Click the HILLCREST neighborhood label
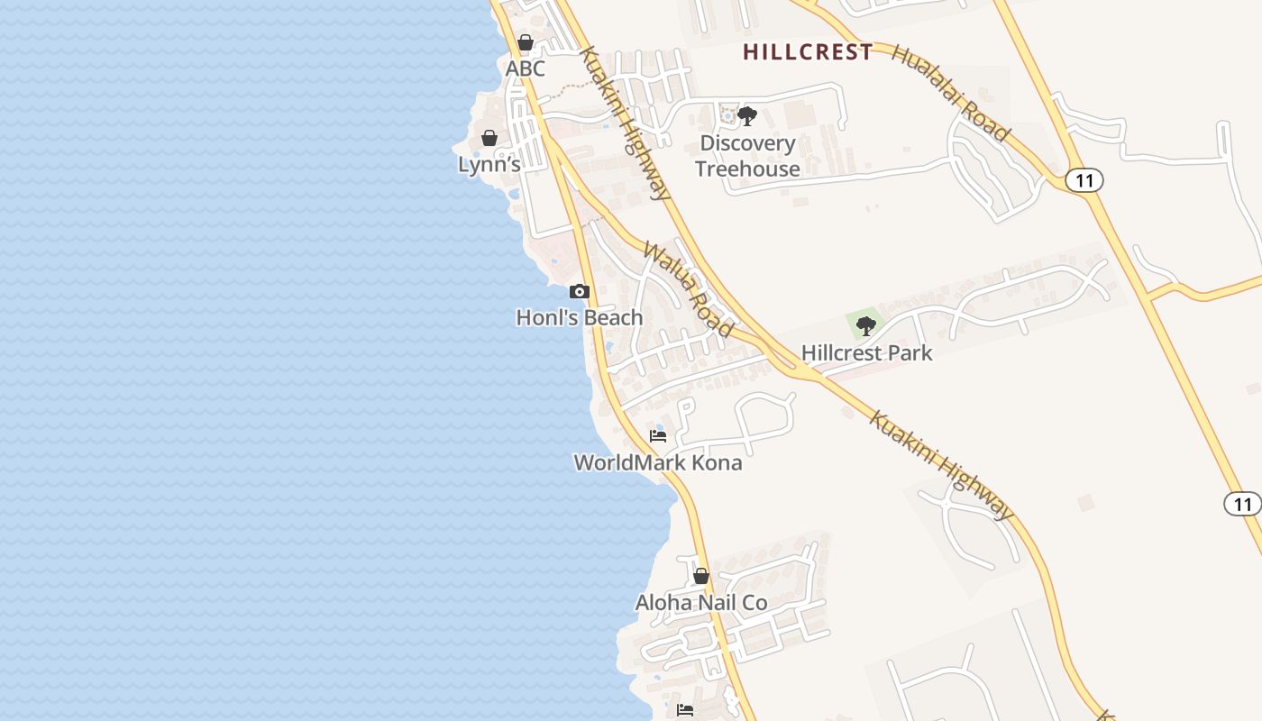[808, 52]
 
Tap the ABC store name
[526, 68]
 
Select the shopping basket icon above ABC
[526, 42]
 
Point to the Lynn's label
[489, 164]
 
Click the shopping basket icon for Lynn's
[489, 138]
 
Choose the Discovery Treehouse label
[747, 156]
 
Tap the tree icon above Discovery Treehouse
[747, 115]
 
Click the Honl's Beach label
[580, 317]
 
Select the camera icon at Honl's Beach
[580, 291]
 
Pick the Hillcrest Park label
[866, 352]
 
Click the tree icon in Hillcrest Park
[866, 325]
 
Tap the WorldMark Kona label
[658, 462]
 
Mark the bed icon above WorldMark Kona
[658, 436]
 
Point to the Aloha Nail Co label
[701, 602]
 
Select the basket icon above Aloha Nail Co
[701, 576]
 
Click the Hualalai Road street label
[950, 92]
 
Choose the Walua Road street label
[687, 289]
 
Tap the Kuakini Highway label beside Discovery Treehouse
[624, 123]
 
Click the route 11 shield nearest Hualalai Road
[1084, 180]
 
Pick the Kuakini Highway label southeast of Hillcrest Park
[941, 465]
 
